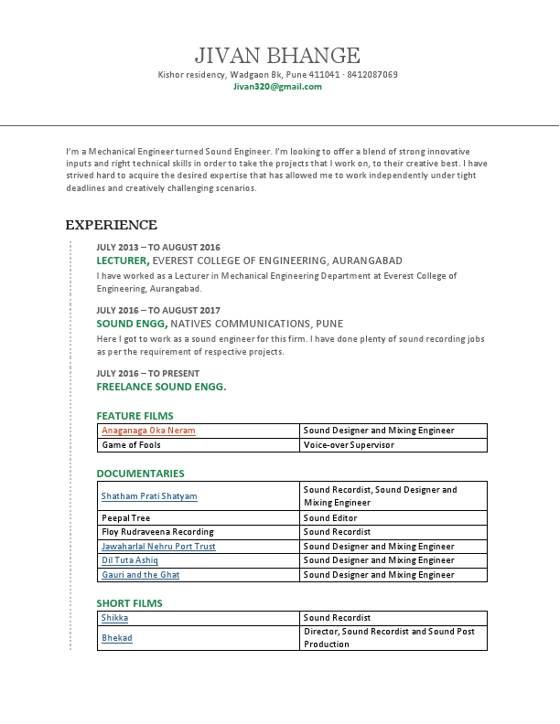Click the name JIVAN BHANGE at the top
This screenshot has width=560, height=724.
tap(277, 56)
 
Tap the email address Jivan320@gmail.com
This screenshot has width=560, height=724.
tap(277, 87)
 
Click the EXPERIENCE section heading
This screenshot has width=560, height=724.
tap(111, 225)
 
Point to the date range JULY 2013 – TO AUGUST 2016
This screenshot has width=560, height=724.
tap(158, 247)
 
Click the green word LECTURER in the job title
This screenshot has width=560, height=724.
tap(122, 261)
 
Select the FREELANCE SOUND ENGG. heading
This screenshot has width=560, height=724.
tap(161, 387)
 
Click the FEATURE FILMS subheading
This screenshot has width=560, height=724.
tap(135, 416)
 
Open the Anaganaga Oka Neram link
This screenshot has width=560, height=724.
tap(148, 431)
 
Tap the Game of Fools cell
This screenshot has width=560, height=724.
tap(131, 445)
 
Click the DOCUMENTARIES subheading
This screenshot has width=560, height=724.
tap(140, 474)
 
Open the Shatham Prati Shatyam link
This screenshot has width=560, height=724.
tap(149, 496)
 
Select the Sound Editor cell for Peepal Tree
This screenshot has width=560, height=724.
tap(330, 517)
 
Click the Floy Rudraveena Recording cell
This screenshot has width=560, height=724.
tap(157, 532)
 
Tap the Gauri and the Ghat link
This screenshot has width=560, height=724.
tap(140, 575)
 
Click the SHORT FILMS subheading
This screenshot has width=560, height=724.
tap(129, 603)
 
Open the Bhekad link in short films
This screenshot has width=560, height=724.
tap(116, 638)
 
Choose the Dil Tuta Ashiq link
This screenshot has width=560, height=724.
tap(130, 560)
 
